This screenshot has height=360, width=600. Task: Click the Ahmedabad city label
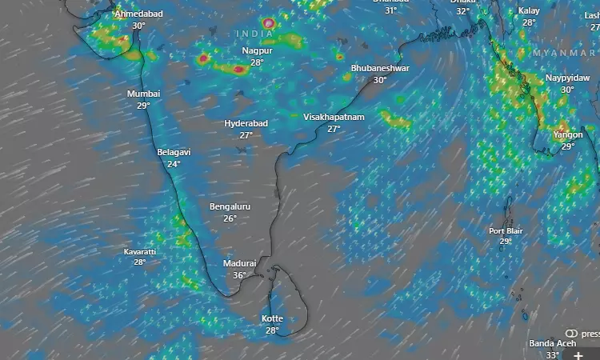coord(138,14)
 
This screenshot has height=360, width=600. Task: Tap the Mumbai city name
coord(143,94)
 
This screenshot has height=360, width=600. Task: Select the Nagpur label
coord(257,50)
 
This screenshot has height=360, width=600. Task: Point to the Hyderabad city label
coord(246,123)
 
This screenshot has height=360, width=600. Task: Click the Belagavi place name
coord(174,152)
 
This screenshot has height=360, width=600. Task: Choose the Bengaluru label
coord(230,206)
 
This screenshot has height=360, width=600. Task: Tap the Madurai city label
coord(239,263)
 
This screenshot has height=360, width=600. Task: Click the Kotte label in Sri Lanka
coord(272,318)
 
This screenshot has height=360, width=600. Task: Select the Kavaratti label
coord(140,252)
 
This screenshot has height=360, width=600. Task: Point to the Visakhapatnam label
coord(334,117)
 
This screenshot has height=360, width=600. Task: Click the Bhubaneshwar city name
coord(380,68)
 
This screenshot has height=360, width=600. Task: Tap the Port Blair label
coord(506,231)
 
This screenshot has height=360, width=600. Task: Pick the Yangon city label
coord(567,135)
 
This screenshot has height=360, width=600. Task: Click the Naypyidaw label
coord(566,78)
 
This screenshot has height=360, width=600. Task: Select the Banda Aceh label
coord(553,344)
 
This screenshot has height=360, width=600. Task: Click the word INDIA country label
coord(254,33)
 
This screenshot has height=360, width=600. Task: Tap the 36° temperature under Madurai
coord(239,275)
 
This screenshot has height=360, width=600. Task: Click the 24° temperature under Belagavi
coord(174,164)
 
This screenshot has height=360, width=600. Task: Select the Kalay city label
coord(529,10)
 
